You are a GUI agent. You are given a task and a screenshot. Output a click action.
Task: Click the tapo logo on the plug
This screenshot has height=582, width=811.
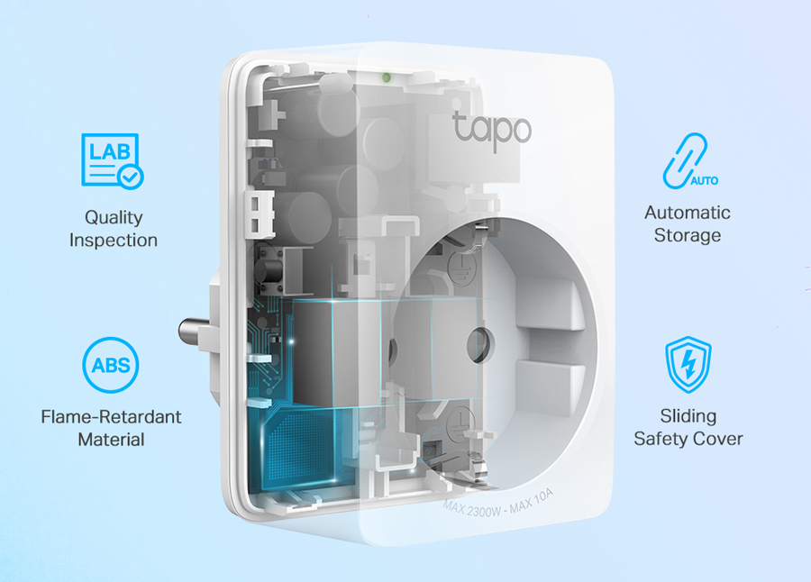(491, 128)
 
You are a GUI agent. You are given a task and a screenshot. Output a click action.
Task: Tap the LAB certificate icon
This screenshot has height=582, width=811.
(112, 160)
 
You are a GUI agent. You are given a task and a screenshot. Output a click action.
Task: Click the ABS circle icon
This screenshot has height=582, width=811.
(111, 366)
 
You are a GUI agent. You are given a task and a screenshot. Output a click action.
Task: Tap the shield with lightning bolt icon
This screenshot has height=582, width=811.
(688, 365)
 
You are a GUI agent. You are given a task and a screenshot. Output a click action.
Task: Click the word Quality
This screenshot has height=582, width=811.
(114, 217)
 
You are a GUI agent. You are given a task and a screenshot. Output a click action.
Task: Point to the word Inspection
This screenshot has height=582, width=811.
(114, 241)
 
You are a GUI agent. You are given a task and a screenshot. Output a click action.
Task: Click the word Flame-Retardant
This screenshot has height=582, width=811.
(111, 416)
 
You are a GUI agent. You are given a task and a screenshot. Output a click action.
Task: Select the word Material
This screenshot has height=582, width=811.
(111, 440)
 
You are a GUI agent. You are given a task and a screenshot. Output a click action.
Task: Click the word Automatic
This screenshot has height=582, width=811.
(688, 213)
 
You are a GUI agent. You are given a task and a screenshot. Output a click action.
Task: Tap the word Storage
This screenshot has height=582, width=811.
(688, 236)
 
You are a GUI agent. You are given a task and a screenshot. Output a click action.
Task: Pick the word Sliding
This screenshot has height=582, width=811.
(688, 415)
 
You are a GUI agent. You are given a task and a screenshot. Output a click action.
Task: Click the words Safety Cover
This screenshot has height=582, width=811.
(688, 439)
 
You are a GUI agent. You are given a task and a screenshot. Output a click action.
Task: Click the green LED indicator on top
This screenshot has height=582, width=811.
(386, 77)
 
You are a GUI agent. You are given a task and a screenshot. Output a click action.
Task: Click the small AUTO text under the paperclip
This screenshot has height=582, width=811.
(705, 180)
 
